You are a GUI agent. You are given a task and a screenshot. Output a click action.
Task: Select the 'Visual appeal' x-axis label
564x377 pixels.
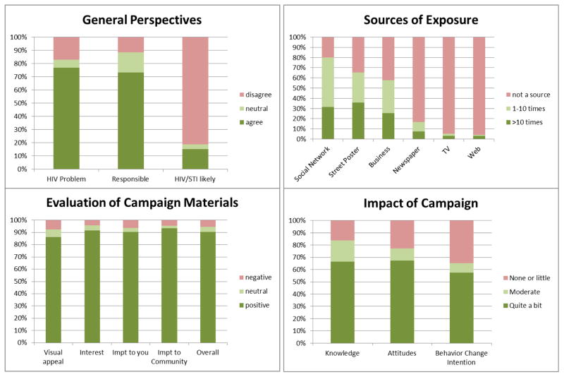[x=54, y=357]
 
